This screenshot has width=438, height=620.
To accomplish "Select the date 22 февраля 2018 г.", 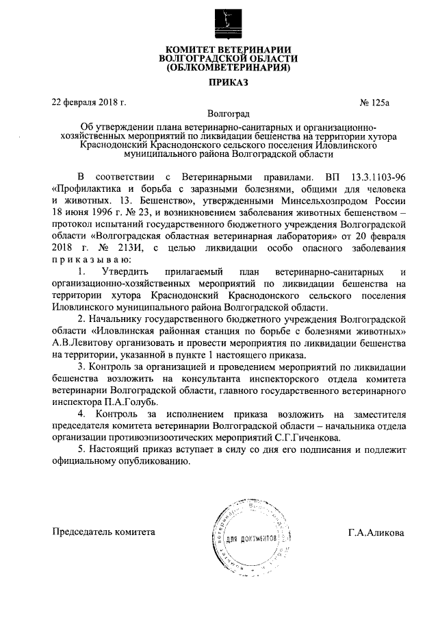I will click(x=90, y=103).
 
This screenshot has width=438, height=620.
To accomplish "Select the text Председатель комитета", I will click(x=104, y=532).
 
